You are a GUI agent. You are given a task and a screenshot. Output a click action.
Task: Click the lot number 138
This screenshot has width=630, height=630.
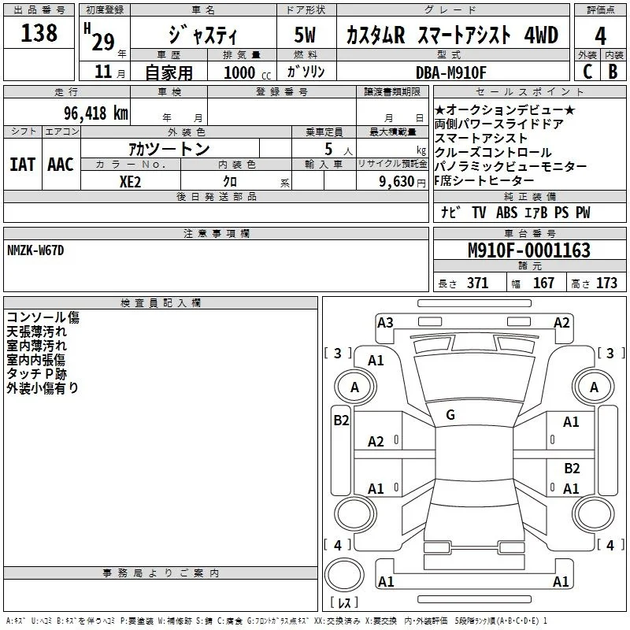39,32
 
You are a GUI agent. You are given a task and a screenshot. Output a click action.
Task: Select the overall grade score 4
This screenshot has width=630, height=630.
600,36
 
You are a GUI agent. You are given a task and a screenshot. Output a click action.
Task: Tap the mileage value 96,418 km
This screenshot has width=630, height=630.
96,113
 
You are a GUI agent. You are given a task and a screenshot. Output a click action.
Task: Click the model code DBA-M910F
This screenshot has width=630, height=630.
450,72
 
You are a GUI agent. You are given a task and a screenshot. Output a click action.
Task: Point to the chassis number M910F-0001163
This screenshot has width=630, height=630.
529,250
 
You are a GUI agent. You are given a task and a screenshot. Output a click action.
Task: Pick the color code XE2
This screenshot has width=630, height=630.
130,182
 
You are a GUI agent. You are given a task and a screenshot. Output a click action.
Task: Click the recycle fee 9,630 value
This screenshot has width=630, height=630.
396,182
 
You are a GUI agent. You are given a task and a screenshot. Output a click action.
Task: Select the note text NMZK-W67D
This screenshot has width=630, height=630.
35,250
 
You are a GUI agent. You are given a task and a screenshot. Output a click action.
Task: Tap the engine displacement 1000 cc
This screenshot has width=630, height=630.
247,72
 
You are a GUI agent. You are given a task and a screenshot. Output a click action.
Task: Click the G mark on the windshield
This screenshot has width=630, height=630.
450,415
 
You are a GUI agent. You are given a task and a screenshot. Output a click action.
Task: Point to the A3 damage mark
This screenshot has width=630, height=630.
385,323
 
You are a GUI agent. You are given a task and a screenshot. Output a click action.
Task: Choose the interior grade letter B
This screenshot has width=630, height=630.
613,72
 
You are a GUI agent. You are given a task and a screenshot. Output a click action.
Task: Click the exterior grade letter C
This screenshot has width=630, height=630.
587,72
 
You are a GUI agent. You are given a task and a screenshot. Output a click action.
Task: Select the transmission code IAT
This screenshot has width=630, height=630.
23,165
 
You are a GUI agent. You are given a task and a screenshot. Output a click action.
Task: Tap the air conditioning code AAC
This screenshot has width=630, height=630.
61,165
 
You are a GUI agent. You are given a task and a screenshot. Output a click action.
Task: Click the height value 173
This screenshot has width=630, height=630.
606,283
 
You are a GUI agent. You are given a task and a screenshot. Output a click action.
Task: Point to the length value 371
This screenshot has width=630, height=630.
477,283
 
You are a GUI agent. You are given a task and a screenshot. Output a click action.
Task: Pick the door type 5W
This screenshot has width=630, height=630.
305,35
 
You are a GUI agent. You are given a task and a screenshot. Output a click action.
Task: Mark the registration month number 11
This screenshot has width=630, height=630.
103,72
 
